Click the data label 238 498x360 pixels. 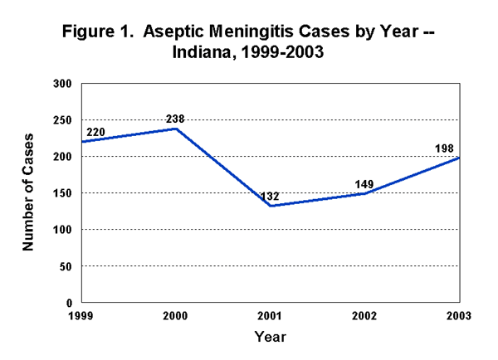175,119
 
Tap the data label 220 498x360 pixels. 94,132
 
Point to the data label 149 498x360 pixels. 367,183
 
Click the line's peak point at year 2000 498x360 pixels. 176,128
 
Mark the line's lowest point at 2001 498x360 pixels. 271,206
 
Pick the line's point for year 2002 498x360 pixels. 365,193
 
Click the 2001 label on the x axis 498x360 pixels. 271,316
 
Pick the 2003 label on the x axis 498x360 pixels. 458,316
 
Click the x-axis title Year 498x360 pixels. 270,338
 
